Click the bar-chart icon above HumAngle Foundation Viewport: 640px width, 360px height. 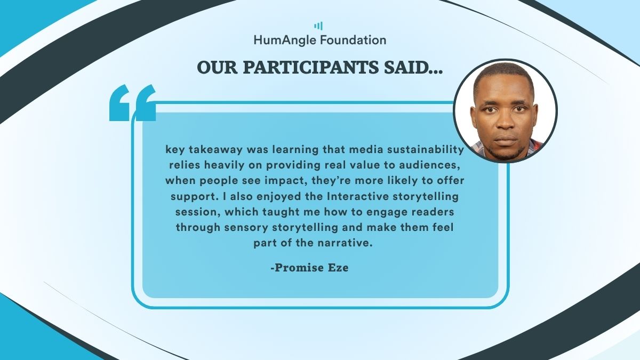(318, 26)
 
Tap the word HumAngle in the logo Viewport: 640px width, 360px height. (285, 41)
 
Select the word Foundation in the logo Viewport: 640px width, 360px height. (353, 39)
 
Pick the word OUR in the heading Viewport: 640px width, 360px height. (217, 67)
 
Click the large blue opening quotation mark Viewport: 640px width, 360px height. (133, 102)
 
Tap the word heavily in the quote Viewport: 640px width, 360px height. (225, 165)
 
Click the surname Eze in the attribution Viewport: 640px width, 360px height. (339, 268)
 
